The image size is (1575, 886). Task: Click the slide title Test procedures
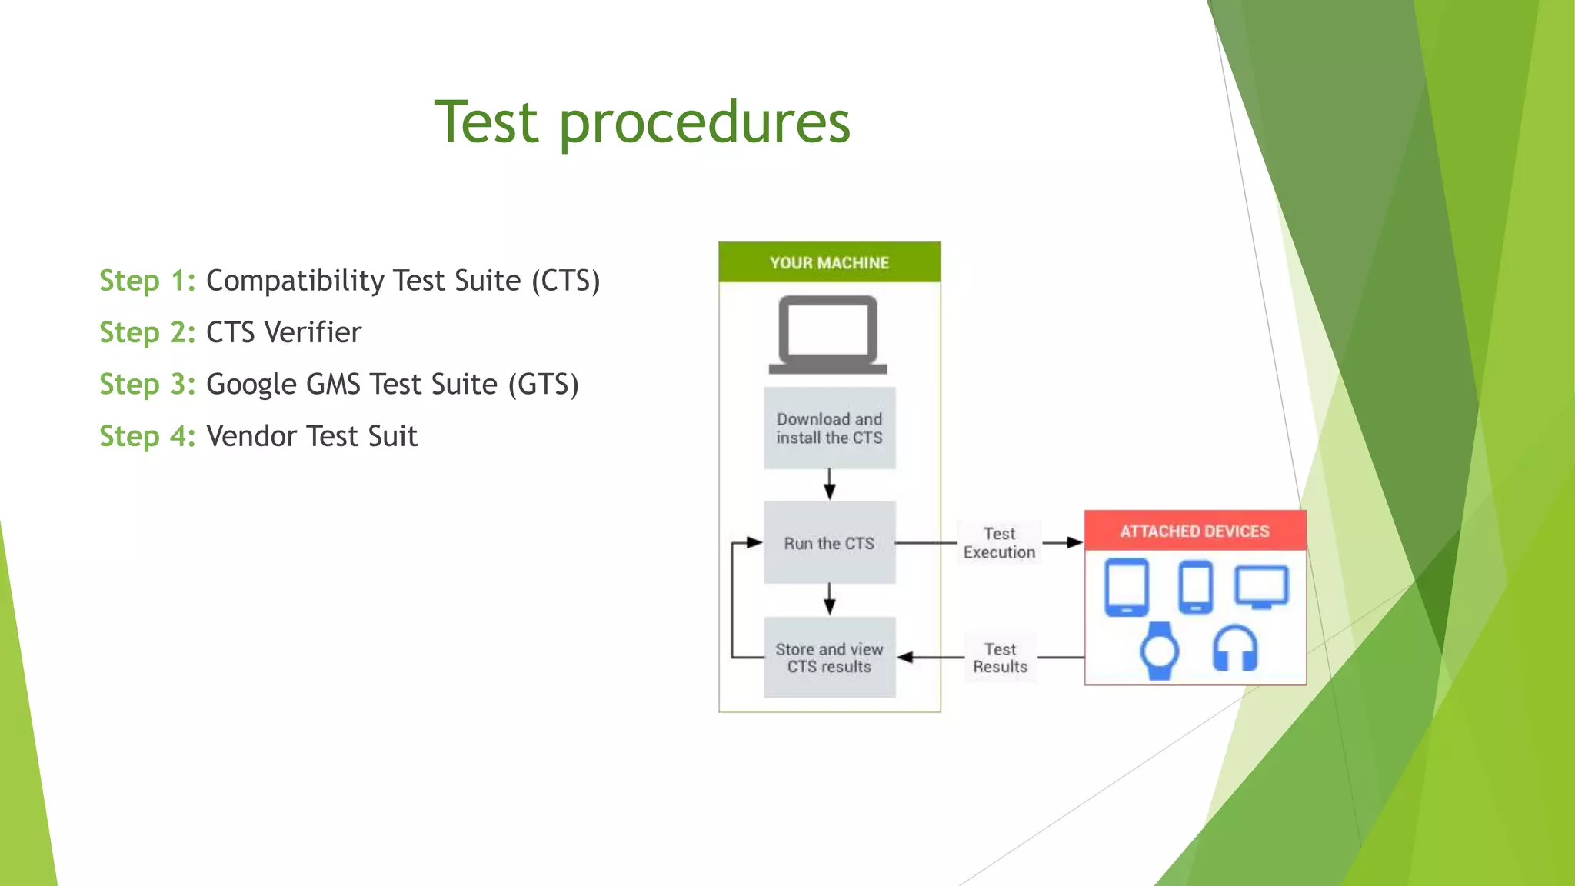tap(642, 123)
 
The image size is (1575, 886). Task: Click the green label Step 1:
tap(147, 281)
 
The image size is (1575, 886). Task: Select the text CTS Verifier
tap(284, 332)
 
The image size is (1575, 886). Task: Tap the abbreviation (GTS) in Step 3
tap(543, 384)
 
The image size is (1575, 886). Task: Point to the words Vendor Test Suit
tap(311, 436)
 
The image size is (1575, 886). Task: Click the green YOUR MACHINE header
tap(829, 262)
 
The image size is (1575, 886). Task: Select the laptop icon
tap(828, 335)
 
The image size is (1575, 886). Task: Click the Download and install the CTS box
tap(829, 428)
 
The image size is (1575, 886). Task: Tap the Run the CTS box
tap(829, 543)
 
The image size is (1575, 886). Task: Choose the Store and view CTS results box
tap(829, 658)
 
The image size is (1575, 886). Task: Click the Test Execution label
tap(999, 543)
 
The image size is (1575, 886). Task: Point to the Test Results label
tap(1000, 658)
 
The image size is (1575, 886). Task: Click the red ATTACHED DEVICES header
tap(1194, 531)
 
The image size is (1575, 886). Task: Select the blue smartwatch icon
tap(1159, 651)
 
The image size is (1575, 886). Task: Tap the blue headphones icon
tap(1234, 648)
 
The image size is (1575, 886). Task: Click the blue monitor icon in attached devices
tap(1261, 587)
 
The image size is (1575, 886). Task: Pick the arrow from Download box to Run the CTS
tap(829, 485)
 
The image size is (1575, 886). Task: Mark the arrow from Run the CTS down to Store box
tap(829, 599)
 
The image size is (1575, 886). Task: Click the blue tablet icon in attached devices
tap(1127, 587)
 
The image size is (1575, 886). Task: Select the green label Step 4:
tap(147, 436)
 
